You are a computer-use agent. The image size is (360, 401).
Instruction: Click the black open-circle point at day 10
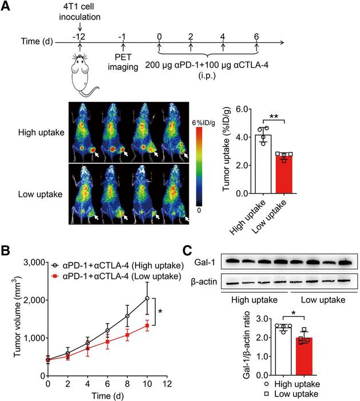pyautogui.click(x=147, y=298)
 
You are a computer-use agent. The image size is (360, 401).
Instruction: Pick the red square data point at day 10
pyautogui.click(x=147, y=325)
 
